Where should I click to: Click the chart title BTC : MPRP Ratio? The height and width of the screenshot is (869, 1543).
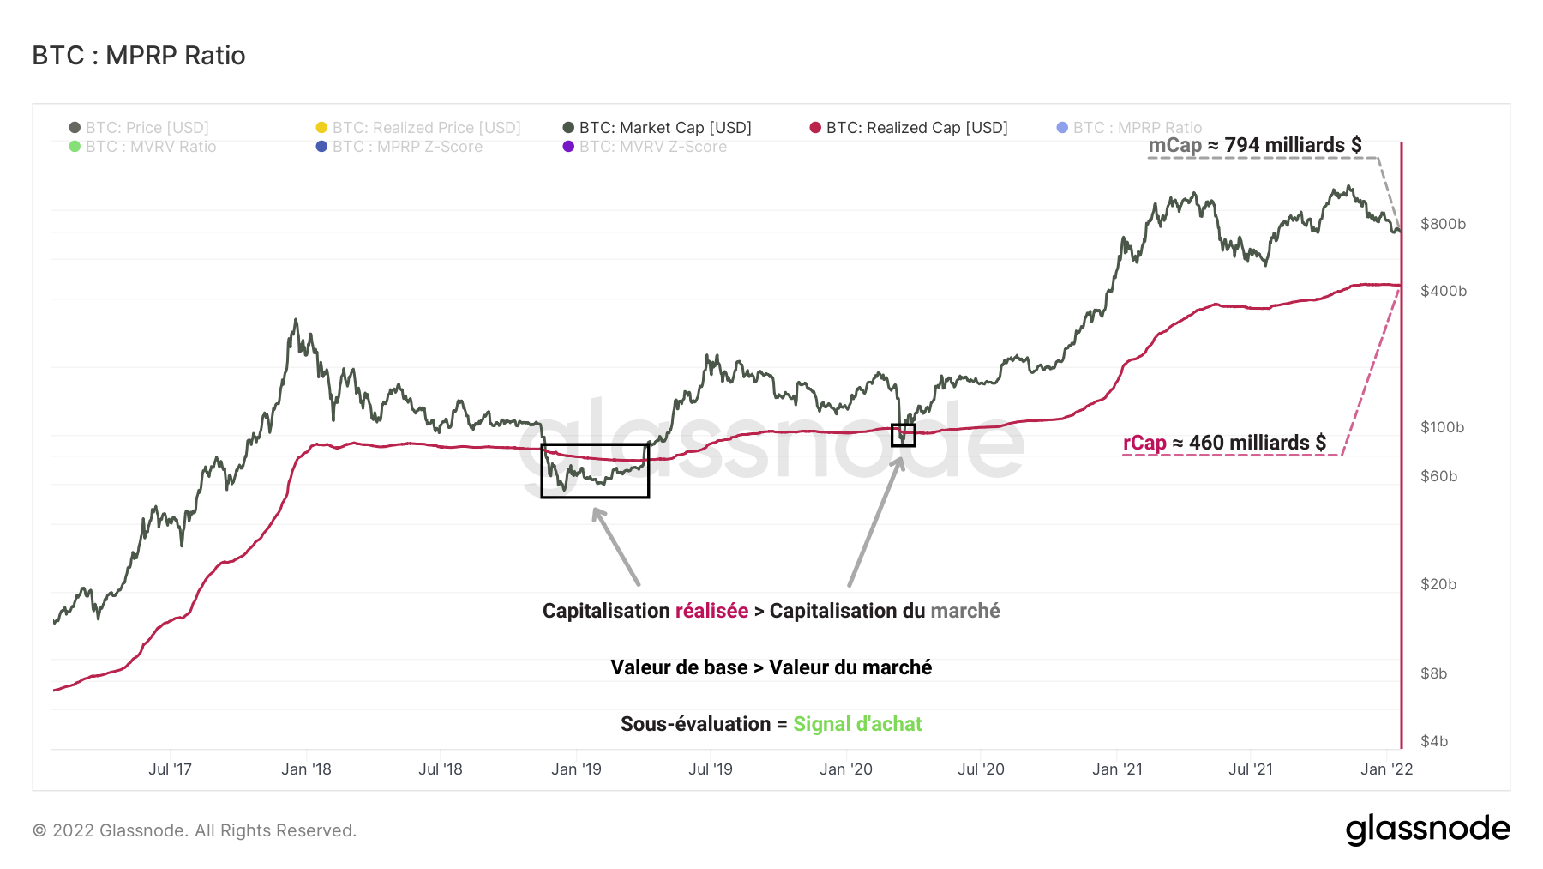139,56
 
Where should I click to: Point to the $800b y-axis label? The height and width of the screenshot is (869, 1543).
1443,224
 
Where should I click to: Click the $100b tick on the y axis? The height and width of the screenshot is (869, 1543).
1442,427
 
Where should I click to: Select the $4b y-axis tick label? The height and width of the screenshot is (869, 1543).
1434,741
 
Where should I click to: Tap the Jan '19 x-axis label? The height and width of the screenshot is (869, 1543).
576,769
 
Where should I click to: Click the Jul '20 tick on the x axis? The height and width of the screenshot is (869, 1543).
981,769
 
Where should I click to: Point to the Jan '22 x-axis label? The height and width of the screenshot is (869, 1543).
1386,769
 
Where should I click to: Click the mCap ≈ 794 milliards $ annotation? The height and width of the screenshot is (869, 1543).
1254,145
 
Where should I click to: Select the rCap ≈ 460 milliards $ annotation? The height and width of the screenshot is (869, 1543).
1224,443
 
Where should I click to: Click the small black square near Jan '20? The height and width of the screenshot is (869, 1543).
904,436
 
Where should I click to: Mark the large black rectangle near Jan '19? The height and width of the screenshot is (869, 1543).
595,470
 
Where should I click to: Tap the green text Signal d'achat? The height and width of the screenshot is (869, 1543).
857,724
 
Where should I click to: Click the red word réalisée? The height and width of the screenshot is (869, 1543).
711,611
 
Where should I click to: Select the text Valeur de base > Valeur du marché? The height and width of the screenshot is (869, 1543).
771,667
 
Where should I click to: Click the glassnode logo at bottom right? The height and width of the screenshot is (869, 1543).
1427,830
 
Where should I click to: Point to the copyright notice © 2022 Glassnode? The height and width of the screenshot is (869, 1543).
195,830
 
